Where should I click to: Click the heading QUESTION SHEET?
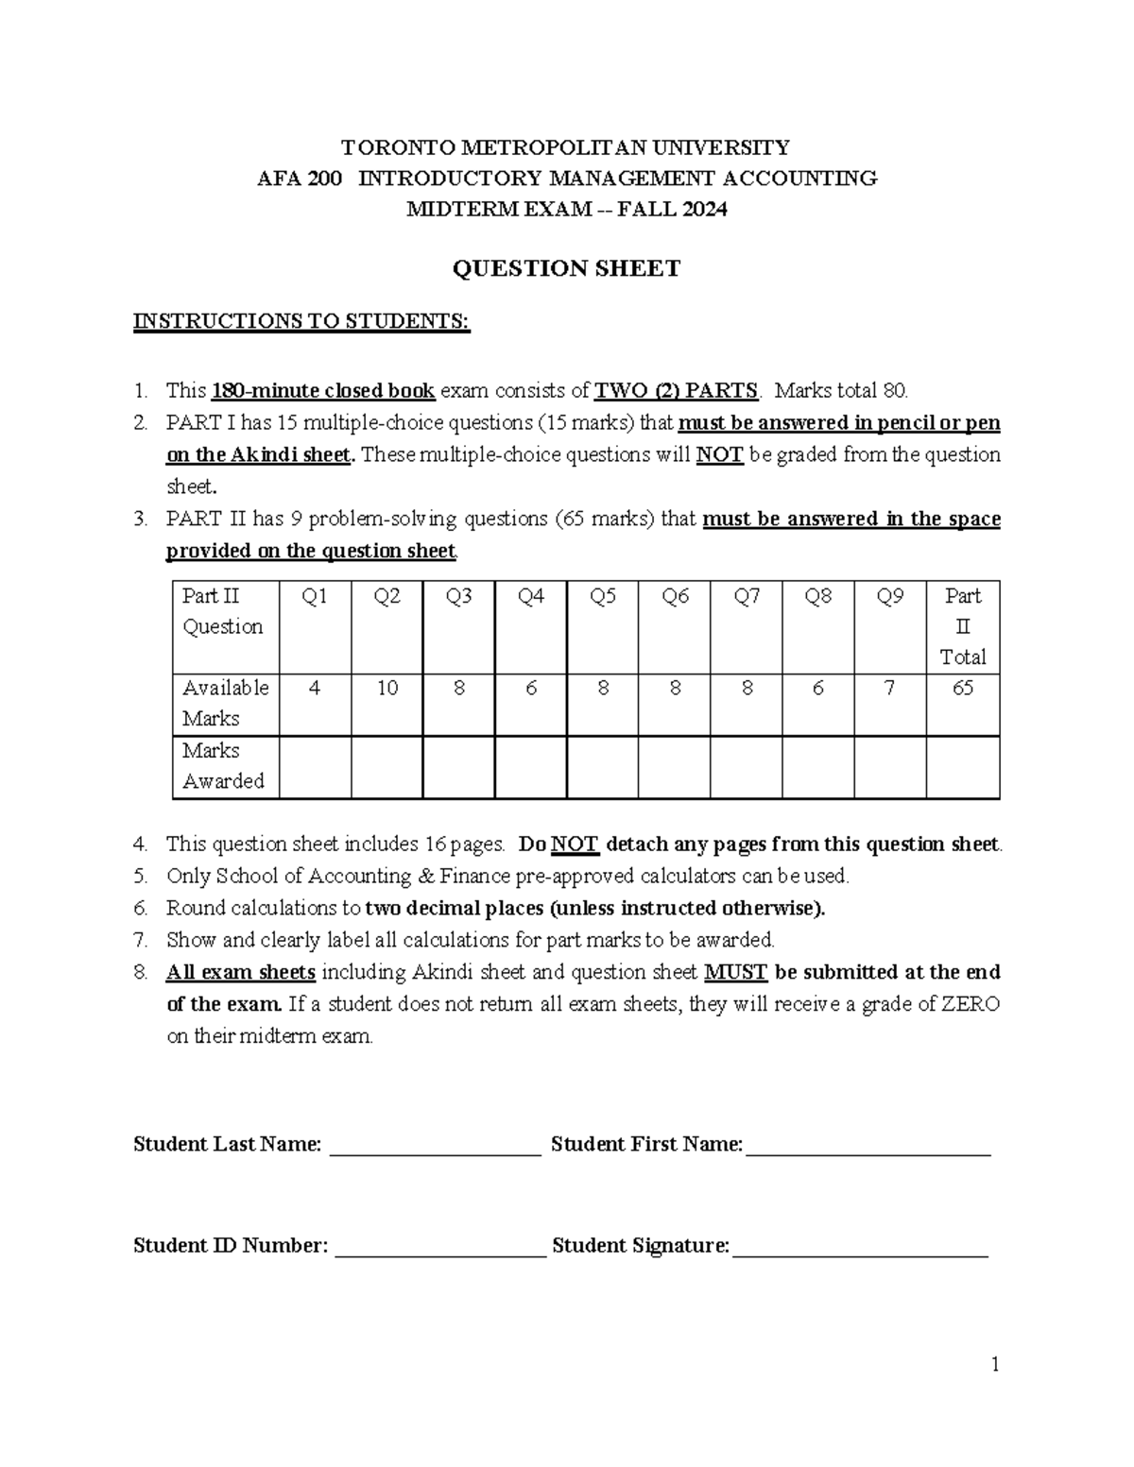pyautogui.click(x=566, y=269)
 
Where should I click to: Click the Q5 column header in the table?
pyautogui.click(x=603, y=596)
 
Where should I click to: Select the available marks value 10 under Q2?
pyautogui.click(x=387, y=688)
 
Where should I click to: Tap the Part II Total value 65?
pyautogui.click(x=962, y=688)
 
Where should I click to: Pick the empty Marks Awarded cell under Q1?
pyautogui.click(x=315, y=767)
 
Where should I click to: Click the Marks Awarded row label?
pyautogui.click(x=223, y=766)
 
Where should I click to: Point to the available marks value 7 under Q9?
pyautogui.click(x=890, y=688)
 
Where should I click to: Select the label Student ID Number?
pyautogui.click(x=230, y=1246)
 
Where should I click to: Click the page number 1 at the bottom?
pyautogui.click(x=995, y=1364)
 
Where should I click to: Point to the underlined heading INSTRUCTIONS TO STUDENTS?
pyautogui.click(x=301, y=321)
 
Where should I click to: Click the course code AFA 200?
pyautogui.click(x=300, y=179)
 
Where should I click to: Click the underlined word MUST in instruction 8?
pyautogui.click(x=735, y=972)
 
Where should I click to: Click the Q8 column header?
pyautogui.click(x=818, y=596)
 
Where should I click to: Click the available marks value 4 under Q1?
pyautogui.click(x=315, y=688)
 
